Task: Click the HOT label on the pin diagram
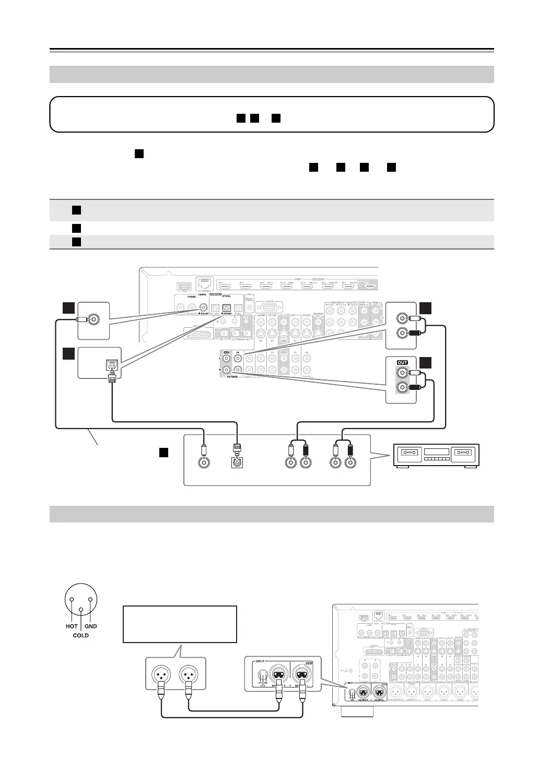(72, 626)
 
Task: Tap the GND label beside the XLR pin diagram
(90, 626)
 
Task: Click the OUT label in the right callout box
(402, 363)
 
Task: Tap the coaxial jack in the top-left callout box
(94, 319)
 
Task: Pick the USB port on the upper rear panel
(183, 286)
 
